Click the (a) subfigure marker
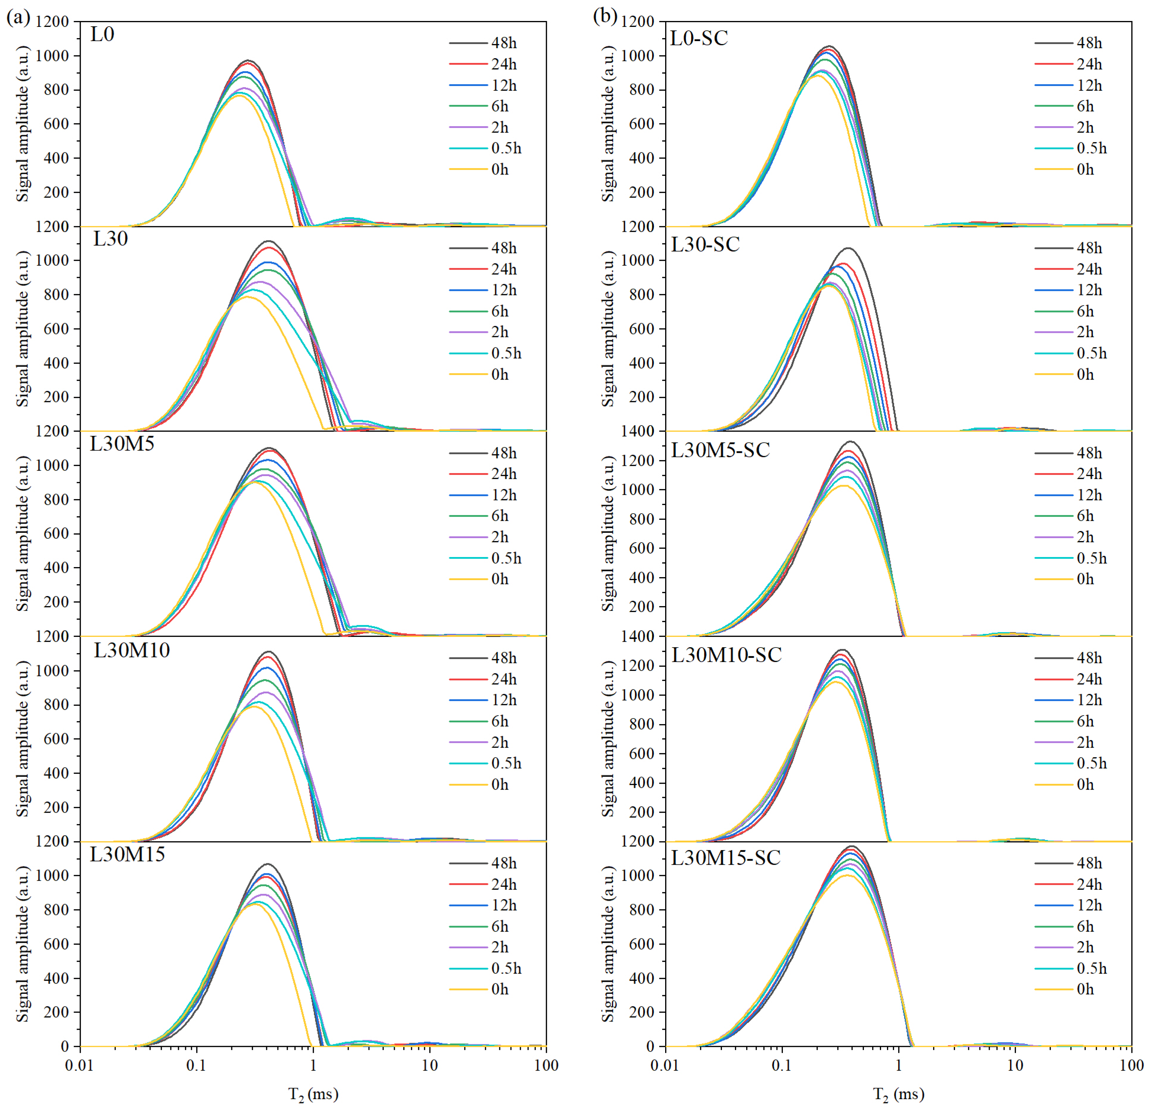tap(17, 17)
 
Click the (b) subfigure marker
tap(605, 17)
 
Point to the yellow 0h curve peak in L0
tap(237, 95)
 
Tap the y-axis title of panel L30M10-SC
tap(608, 739)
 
